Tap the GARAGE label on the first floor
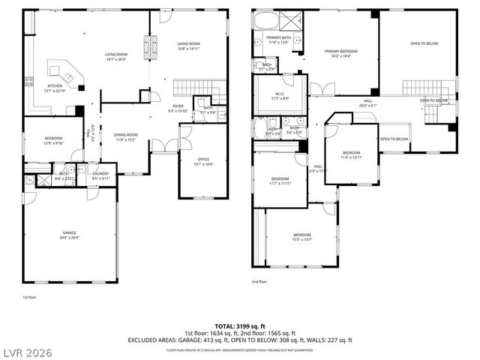pos(70,235)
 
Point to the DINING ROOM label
pos(124,137)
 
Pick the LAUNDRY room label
pos(100,175)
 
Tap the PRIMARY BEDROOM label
pos(341,53)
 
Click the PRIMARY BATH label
pos(278,40)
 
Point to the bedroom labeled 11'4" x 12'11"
pos(351,154)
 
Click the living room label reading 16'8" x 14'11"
pos(187,46)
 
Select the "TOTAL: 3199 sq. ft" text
pos(240,325)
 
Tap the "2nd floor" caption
pos(259,282)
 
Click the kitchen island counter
pos(61,73)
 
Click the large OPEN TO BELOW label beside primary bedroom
pos(424,43)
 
